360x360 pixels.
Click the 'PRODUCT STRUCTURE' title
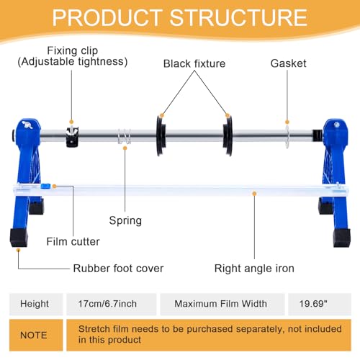click(180, 17)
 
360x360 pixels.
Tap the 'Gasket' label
click(288, 63)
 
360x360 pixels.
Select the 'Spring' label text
click(125, 220)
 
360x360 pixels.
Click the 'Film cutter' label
click(73, 241)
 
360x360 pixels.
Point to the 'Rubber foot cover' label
click(118, 269)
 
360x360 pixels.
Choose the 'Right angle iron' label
click(254, 269)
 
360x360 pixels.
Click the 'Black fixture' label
click(194, 63)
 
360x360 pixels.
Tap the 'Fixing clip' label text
click(73, 51)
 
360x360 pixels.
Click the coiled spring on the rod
click(125, 136)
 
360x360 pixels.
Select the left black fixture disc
click(161, 135)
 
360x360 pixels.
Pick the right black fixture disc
click(228, 135)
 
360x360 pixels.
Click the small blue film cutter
click(45, 186)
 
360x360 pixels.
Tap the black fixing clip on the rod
click(72, 137)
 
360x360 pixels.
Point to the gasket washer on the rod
click(287, 136)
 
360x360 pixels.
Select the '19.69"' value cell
click(320, 304)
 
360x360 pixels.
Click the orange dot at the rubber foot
click(18, 251)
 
